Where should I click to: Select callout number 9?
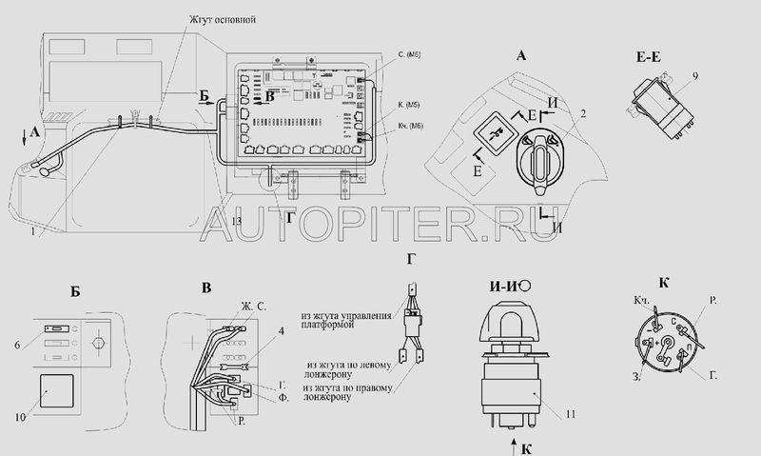pos(696,74)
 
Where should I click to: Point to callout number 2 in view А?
pos(582,114)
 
